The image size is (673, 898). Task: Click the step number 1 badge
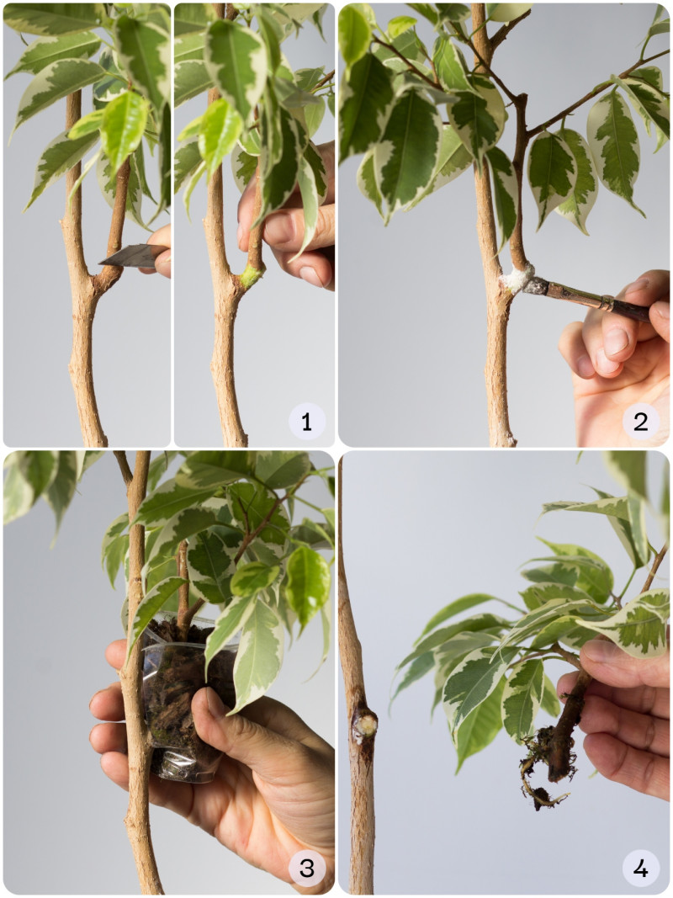(307, 422)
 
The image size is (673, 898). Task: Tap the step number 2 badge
(641, 422)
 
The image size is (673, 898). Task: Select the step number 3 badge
(307, 869)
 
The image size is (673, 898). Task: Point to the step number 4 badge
(641, 869)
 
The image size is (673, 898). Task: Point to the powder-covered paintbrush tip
(534, 284)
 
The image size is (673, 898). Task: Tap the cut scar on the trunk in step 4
(364, 725)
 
